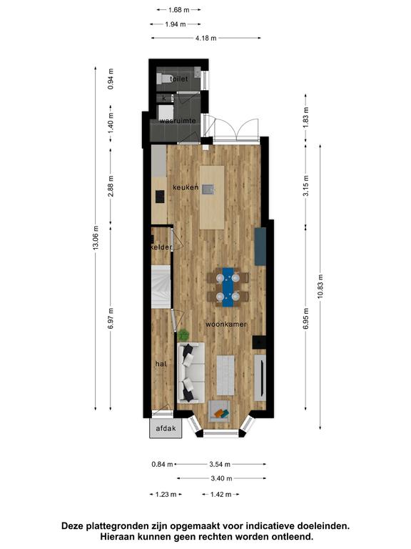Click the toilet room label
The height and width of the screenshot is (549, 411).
click(x=178, y=79)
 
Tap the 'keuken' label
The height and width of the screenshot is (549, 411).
click(x=186, y=187)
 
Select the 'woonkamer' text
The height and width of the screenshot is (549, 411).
click(x=226, y=325)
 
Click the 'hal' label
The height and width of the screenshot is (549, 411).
click(x=161, y=364)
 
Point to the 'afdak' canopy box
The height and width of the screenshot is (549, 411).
click(x=166, y=428)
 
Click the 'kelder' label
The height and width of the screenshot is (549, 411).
click(x=161, y=247)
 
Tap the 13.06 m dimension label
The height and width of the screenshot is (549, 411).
click(x=96, y=237)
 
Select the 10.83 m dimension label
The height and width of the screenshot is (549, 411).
click(x=320, y=287)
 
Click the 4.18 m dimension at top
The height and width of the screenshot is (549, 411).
click(x=205, y=38)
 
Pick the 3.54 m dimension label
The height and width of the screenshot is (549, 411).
click(x=220, y=464)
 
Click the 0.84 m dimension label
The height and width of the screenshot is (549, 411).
click(x=162, y=464)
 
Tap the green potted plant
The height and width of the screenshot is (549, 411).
click(x=183, y=335)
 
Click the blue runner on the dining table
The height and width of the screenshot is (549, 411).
click(x=228, y=287)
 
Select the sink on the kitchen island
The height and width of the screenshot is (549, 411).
click(x=208, y=189)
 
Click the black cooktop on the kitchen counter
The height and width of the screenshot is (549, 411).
click(x=160, y=197)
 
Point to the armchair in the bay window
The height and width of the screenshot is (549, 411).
click(x=219, y=412)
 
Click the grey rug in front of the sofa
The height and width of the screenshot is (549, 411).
click(x=225, y=375)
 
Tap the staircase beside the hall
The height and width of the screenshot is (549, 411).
click(x=161, y=287)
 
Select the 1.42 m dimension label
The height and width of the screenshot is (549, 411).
click(x=221, y=495)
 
